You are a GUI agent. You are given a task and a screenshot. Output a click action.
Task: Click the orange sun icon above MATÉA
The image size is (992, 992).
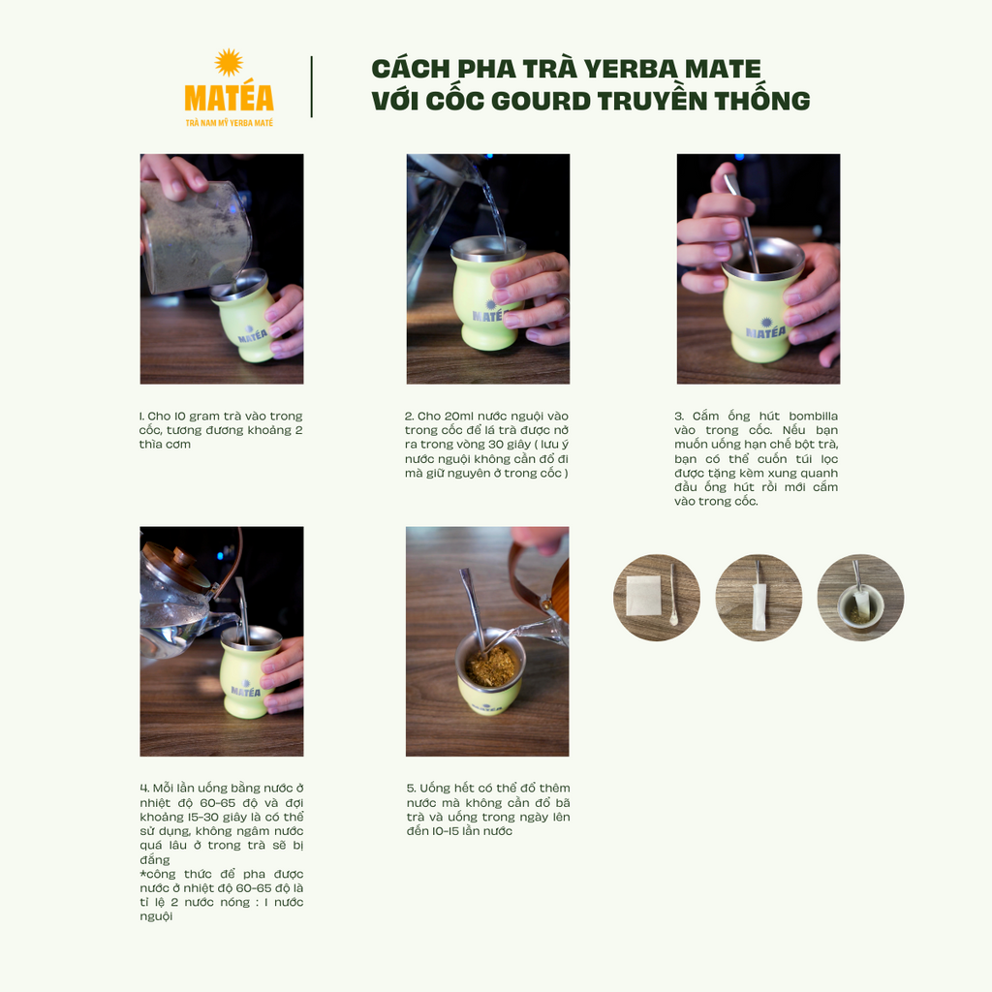(x=229, y=63)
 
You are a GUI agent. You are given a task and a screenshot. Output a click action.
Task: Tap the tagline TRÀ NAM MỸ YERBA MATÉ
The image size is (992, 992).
(x=229, y=123)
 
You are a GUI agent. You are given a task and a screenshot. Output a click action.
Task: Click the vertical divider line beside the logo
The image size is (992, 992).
(x=311, y=86)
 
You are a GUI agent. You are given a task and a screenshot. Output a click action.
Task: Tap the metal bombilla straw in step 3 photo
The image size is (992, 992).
(x=742, y=223)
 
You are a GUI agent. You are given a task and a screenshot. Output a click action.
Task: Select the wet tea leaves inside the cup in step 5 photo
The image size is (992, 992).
(x=492, y=666)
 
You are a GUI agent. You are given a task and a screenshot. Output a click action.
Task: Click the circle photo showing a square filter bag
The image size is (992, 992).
(x=657, y=598)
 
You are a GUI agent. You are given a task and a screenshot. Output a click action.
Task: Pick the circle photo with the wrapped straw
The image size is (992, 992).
(x=759, y=598)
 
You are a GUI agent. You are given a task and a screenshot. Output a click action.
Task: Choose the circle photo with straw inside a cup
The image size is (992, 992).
(x=860, y=598)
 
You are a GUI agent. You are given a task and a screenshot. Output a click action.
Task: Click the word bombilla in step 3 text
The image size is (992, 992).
(x=813, y=416)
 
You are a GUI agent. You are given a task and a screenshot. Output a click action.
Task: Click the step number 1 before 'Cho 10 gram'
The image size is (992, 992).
(x=141, y=416)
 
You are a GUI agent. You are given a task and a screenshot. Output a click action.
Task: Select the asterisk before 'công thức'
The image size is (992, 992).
(x=143, y=873)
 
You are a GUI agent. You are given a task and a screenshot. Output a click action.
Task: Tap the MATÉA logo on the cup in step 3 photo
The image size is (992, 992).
(x=765, y=329)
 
